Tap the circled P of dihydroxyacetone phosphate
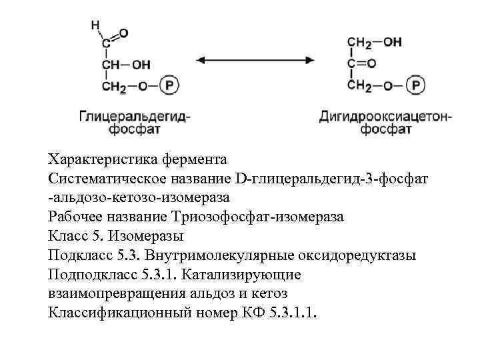(417, 85)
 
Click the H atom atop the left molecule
(95, 25)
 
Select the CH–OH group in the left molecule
(126, 65)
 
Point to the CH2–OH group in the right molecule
(374, 42)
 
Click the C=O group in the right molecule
(361, 64)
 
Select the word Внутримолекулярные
(207, 255)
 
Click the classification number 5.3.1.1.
(295, 313)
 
